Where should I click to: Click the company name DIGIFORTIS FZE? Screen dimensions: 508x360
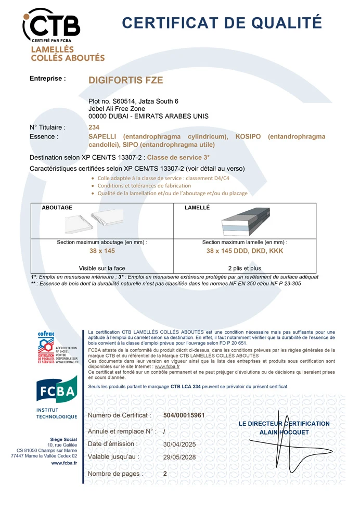pyautogui.click(x=125, y=80)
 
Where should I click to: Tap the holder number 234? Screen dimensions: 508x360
pyautogui.click(x=94, y=127)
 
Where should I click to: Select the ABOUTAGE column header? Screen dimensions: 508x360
pyautogui.click(x=57, y=208)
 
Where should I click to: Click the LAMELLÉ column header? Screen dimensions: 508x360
pyautogui.click(x=197, y=208)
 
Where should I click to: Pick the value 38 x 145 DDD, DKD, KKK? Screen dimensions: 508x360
pyautogui.click(x=245, y=251)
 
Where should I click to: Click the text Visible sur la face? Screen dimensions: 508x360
pyautogui.click(x=102, y=269)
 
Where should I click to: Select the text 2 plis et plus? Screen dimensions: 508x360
pyautogui.click(x=245, y=269)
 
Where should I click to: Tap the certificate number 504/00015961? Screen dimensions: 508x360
pyautogui.click(x=184, y=415)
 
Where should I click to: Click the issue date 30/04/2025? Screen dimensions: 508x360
pyautogui.click(x=179, y=444)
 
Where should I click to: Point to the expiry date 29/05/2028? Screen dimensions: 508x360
pyautogui.click(x=179, y=457)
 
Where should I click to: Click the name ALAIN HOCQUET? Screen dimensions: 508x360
pyautogui.click(x=284, y=432)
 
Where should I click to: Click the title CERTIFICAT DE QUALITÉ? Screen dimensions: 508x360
pyautogui.click(x=222, y=23)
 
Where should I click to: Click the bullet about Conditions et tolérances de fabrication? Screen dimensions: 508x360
pyautogui.click(x=144, y=186)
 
